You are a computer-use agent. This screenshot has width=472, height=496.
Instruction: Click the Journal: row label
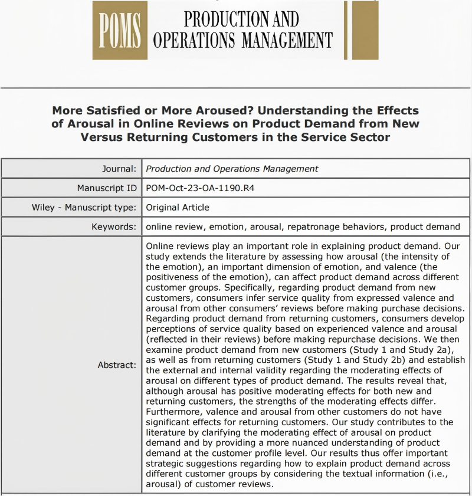pos(120,169)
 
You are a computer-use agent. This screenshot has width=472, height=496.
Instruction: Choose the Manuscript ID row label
pos(107,188)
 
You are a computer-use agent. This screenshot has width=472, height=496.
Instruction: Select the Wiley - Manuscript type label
pos(84,208)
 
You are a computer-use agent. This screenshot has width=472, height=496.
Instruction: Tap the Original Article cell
pos(178,208)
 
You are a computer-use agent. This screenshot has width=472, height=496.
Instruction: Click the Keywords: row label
pos(114,226)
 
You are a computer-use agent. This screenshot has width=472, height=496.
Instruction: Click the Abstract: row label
pos(117,365)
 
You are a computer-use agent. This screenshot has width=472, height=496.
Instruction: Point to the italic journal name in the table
pos(232,169)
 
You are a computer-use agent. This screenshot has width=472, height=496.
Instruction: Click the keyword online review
pos(173,226)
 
